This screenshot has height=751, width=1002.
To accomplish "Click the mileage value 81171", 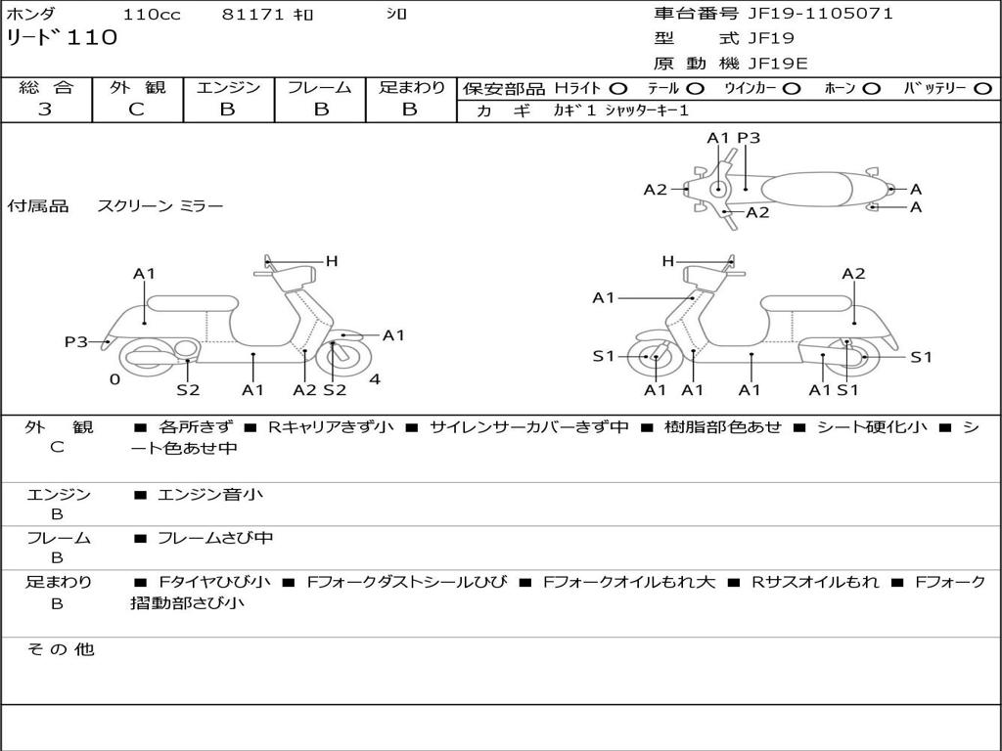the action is tap(252, 15).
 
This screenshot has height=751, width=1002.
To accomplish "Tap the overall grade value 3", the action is tap(45, 110).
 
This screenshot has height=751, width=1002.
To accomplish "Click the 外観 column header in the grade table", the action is tap(137, 87).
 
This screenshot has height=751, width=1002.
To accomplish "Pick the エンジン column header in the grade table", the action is tap(228, 87).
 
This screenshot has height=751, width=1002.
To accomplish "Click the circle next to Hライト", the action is tap(618, 88).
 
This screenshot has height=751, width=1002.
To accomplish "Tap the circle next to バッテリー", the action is tap(982, 88).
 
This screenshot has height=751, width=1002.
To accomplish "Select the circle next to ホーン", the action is tap(871, 88).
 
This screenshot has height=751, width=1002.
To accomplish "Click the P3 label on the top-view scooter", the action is tap(749, 138).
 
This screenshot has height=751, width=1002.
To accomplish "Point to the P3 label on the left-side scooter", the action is tap(76, 341).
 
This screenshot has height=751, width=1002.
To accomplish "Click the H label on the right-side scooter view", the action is tap(668, 261).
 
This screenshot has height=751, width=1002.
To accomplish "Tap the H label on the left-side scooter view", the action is tap(332, 261).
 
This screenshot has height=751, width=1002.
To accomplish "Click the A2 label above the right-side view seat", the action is tap(853, 274).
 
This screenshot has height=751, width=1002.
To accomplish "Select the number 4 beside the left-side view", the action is tap(375, 379).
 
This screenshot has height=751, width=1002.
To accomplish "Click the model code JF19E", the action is tap(778, 64).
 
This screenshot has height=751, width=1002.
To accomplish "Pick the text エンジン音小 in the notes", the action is tap(209, 495).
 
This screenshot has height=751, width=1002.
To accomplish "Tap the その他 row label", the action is tap(60, 649).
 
